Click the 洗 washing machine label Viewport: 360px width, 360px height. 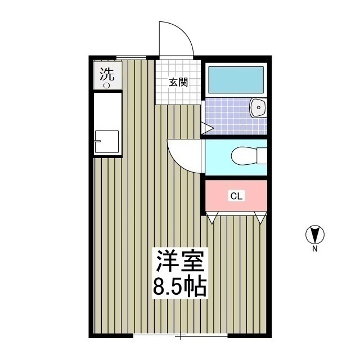[x=107, y=74]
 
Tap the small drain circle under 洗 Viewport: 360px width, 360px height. [x=106, y=85]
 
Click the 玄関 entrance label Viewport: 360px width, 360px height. [x=178, y=82]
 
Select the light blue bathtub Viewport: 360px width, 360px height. [x=236, y=80]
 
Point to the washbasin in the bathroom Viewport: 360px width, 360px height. [x=258, y=107]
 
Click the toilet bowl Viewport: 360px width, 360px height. [x=244, y=156]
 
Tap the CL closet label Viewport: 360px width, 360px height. [x=236, y=196]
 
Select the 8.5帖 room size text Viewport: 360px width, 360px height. [x=180, y=287]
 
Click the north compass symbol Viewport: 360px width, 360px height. [x=315, y=235]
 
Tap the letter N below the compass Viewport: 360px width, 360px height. [x=315, y=249]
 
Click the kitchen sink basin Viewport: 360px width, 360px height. [x=107, y=142]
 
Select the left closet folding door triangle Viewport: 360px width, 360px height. [x=212, y=218]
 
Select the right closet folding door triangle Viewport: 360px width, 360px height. [x=260, y=218]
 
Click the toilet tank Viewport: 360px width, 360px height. [x=262, y=156]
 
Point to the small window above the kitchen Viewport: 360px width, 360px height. [x=131, y=57]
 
